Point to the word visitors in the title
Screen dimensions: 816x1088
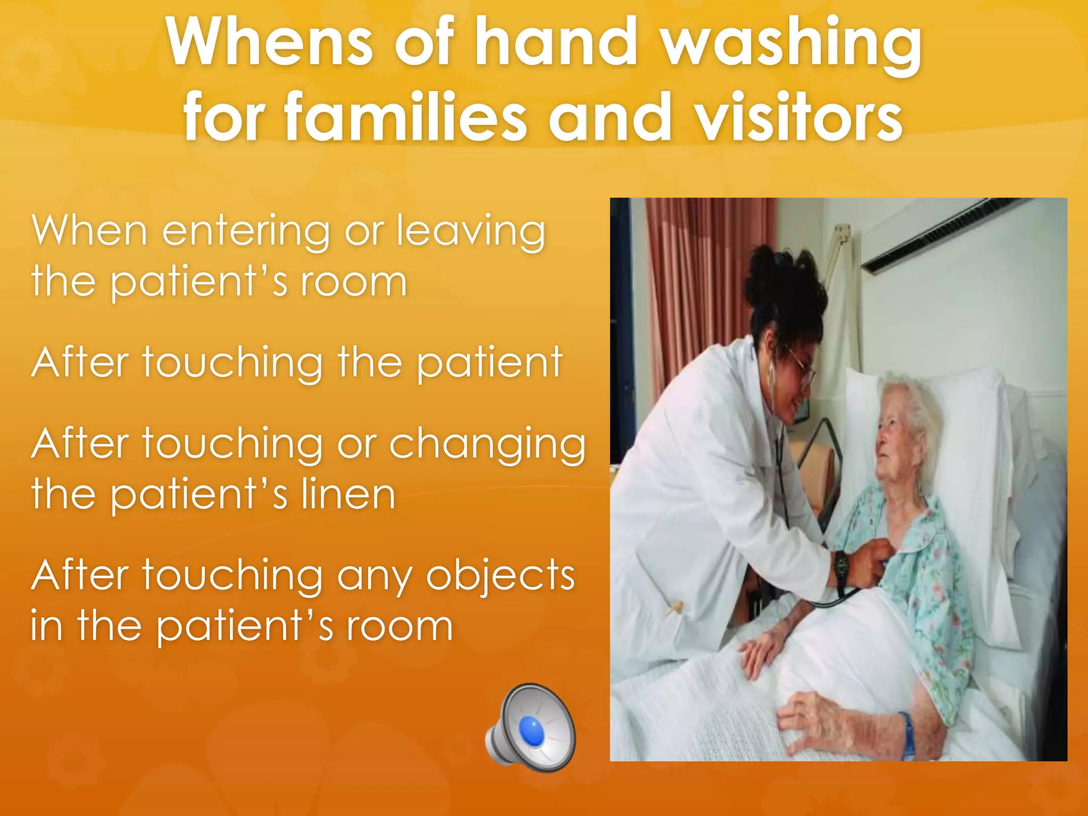(799, 117)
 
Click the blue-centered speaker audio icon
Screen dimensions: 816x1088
(531, 728)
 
